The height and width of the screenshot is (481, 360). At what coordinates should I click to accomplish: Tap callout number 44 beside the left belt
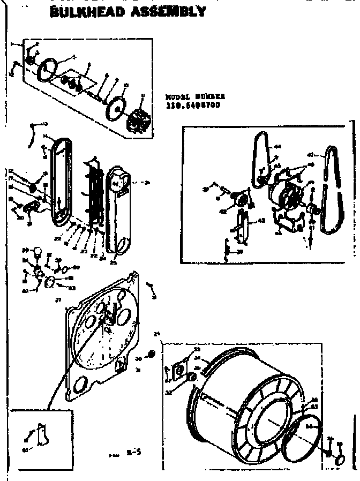pos(277,146)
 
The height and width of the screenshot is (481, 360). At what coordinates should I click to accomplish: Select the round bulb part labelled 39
pos(38,252)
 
